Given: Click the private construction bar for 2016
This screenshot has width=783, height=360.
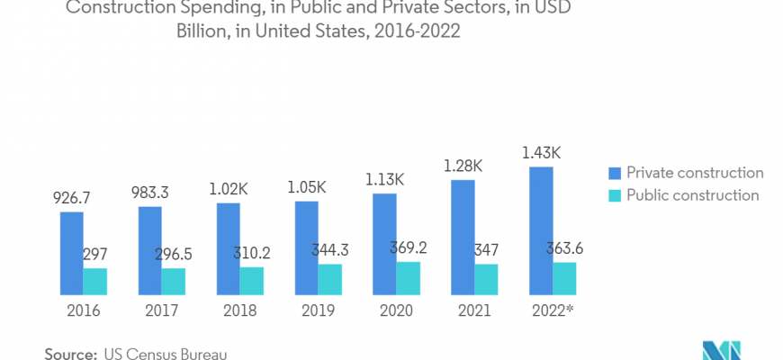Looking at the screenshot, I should (72, 253).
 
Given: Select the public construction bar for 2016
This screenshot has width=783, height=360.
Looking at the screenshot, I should (95, 281).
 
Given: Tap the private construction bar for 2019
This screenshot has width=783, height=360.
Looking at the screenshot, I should (306, 247).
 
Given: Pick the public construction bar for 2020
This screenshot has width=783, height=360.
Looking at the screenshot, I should (408, 278).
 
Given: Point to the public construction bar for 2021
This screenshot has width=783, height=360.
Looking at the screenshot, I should (486, 279).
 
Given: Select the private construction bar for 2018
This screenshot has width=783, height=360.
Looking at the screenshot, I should (228, 248).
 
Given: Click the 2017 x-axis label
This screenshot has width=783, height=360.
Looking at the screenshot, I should (162, 310).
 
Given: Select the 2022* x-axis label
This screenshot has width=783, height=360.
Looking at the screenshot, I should (553, 310).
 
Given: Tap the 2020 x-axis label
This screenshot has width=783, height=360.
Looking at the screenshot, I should (396, 310).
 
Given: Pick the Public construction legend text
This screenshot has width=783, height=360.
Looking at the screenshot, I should (693, 195).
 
